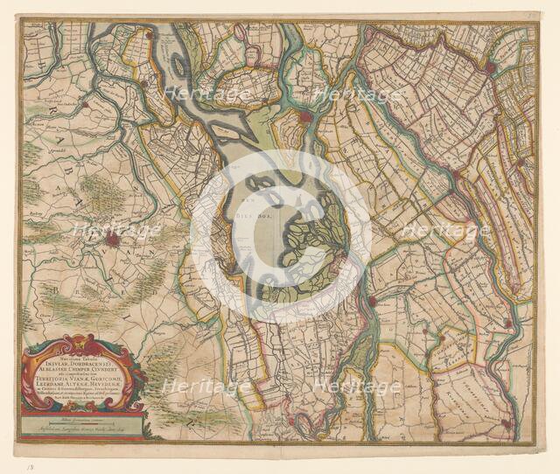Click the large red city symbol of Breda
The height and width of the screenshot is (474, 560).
tap(112, 239)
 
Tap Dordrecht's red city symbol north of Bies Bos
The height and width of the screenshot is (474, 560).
tap(305, 115)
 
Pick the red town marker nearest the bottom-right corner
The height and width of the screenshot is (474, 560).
tap(505, 423)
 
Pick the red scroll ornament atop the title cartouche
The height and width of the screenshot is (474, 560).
tap(79, 343)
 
